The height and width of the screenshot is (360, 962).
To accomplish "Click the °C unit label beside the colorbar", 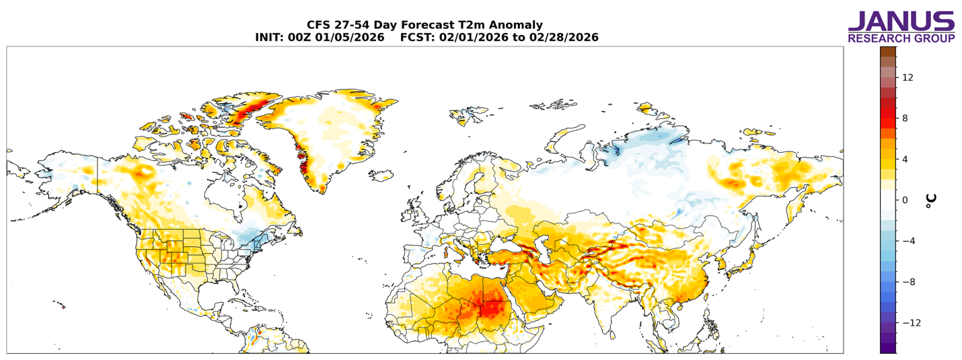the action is [930, 201].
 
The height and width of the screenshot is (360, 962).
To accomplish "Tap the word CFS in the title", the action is [317, 25].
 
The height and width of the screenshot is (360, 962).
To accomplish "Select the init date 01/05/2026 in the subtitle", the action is [350, 38].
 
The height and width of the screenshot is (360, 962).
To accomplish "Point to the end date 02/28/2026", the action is [564, 38].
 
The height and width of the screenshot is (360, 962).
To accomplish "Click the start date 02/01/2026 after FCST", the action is [474, 38].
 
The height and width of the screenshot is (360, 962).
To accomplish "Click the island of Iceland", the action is [381, 175].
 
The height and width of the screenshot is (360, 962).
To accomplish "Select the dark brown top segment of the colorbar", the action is [888, 52].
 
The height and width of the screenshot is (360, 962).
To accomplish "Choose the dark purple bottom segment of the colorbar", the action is [888, 348].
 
